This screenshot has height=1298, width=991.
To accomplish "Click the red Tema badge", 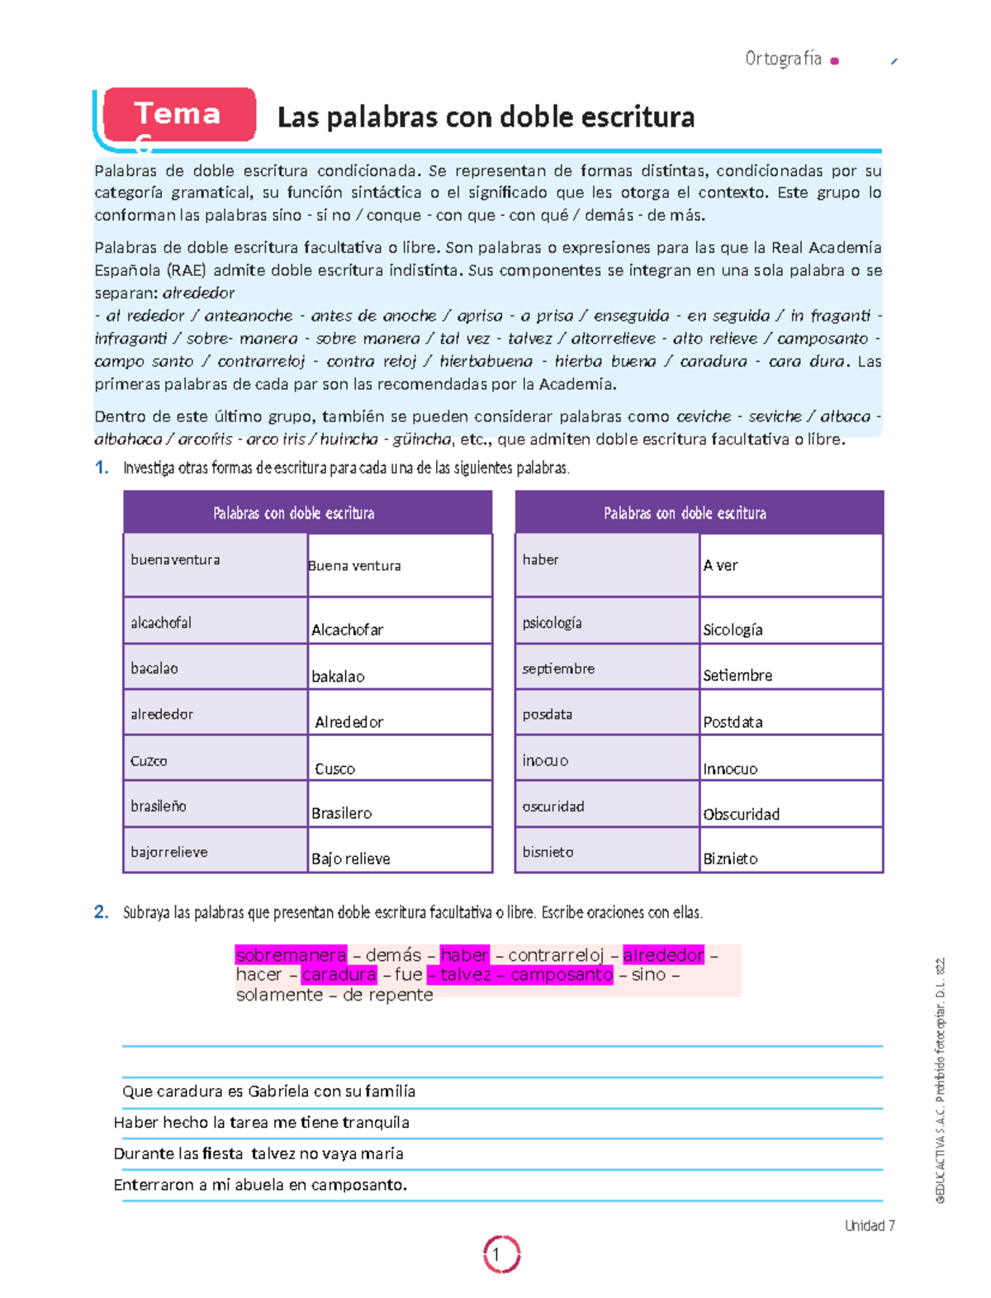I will click(179, 115).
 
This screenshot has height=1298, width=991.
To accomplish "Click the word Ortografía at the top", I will click(783, 59).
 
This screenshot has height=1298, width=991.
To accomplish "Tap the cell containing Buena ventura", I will click(400, 565).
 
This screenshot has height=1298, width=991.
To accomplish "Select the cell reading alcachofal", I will click(215, 622).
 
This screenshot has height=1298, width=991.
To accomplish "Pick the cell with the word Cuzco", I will click(215, 760).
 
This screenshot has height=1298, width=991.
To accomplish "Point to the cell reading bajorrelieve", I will click(215, 851).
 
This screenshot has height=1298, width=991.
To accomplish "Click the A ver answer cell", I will click(790, 565).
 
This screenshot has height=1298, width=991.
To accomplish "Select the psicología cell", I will click(606, 622).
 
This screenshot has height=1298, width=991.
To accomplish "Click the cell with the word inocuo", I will click(606, 760).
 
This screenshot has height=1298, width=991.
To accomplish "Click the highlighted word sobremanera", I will click(291, 955).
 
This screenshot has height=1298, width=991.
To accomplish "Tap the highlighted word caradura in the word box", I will click(339, 974).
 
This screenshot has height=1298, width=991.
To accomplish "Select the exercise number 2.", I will click(101, 912).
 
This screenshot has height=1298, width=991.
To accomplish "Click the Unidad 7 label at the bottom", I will click(869, 1225).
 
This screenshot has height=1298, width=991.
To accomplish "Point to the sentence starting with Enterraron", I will click(260, 1185).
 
